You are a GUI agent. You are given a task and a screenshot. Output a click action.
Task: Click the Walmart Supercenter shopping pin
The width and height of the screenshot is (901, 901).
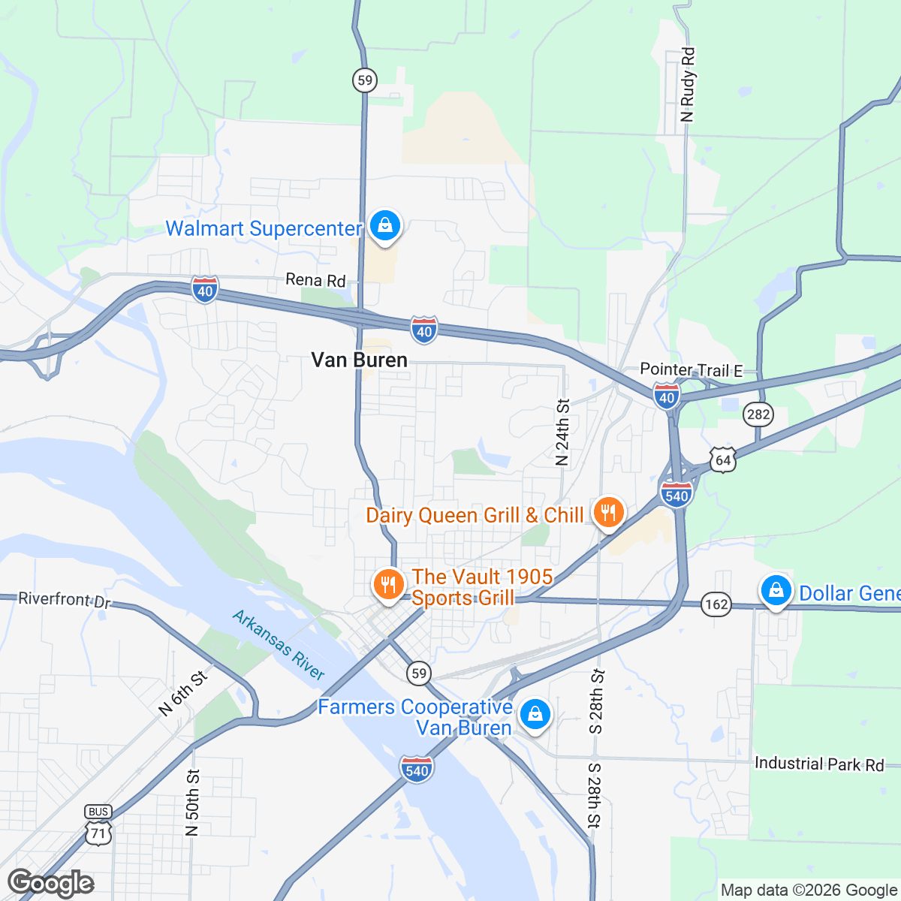[x=384, y=225]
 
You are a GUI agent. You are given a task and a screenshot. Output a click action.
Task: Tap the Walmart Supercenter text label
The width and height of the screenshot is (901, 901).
[x=264, y=228]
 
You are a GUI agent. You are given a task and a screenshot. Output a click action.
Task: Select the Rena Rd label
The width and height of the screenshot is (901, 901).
[x=315, y=280]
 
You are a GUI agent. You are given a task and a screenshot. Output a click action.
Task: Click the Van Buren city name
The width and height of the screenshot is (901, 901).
[x=360, y=360]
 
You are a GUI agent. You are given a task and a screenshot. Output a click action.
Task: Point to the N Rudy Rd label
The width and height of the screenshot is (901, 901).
[x=688, y=84]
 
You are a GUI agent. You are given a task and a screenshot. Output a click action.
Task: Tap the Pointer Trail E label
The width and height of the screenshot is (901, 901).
[x=691, y=370]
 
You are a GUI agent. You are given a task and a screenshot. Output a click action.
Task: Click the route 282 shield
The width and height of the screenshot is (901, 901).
[x=759, y=414]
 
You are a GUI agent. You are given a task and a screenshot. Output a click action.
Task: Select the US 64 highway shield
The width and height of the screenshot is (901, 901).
[x=722, y=460]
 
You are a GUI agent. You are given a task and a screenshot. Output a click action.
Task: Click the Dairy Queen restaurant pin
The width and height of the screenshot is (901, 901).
[x=609, y=513]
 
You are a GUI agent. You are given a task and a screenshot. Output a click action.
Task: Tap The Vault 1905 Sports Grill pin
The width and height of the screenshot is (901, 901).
[x=388, y=585]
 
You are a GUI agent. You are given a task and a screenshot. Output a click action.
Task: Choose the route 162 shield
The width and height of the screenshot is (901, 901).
[x=716, y=604]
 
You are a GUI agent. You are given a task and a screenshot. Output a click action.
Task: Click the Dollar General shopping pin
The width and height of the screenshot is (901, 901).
[x=776, y=591]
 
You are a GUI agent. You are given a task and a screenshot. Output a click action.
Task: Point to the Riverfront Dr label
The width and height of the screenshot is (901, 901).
[x=64, y=599]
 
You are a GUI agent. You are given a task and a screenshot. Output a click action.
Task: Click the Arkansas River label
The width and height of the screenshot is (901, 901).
[x=279, y=645]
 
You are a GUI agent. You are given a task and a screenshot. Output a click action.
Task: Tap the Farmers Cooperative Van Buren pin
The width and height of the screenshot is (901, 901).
[x=535, y=714]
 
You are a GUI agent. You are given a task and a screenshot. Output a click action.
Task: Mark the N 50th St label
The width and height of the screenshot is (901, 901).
[x=192, y=803]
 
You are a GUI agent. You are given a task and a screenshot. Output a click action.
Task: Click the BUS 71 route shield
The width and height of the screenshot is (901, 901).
[x=98, y=825]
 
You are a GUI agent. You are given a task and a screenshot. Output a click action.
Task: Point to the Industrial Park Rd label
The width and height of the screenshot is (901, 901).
[x=819, y=764]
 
